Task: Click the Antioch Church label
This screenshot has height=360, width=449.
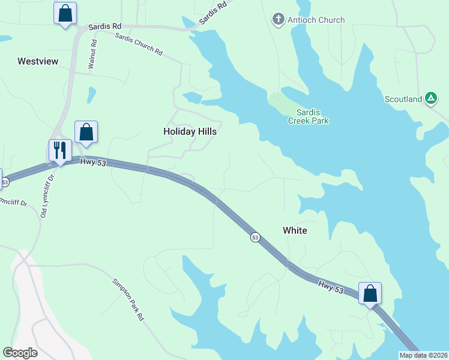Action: click(316, 20)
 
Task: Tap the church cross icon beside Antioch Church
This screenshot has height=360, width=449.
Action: click(278, 19)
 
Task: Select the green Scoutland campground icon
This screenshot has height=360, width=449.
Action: click(431, 98)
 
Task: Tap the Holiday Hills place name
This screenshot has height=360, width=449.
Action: click(190, 131)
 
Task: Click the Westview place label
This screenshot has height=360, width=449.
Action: click(37, 61)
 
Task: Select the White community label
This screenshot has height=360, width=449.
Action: click(295, 230)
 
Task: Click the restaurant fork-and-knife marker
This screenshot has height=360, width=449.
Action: click(60, 150)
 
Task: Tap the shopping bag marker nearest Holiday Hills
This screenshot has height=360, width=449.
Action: click(86, 131)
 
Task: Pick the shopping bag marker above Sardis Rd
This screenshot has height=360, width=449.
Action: click(65, 13)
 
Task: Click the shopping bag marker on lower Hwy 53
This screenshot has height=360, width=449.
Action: click(370, 293)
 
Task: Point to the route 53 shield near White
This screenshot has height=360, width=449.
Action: click(255, 238)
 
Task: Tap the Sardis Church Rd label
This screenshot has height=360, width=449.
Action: click(139, 44)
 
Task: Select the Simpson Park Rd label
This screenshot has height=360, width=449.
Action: click(128, 299)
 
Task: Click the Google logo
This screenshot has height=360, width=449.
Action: click(20, 353)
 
